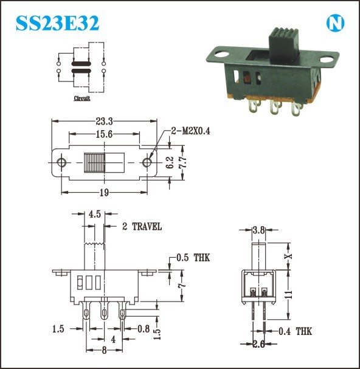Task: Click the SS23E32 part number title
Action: tap(57, 23)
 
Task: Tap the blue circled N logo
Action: tap(335, 23)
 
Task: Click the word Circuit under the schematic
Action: tap(82, 98)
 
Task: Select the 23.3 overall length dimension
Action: tap(105, 122)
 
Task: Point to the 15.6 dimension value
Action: tap(105, 134)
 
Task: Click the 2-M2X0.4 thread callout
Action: tap(190, 131)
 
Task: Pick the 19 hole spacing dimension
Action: tap(105, 193)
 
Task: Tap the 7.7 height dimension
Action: tap(183, 162)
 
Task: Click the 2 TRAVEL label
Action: tap(142, 227)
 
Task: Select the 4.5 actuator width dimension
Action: tap(95, 214)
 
